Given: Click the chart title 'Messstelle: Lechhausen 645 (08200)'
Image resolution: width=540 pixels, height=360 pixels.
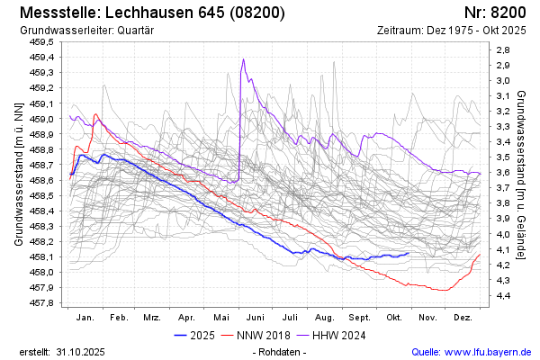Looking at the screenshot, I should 152,13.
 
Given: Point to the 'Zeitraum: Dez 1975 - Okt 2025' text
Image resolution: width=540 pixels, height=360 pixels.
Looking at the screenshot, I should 453,31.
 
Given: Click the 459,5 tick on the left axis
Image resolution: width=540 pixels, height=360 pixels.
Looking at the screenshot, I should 41,41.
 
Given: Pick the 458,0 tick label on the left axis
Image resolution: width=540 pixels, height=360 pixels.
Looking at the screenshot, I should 41,273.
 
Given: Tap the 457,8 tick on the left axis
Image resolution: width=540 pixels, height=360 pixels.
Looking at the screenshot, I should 41,303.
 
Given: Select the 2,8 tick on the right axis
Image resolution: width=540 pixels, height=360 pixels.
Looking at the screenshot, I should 504,49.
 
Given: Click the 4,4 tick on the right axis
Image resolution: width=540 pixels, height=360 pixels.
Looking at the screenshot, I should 504,295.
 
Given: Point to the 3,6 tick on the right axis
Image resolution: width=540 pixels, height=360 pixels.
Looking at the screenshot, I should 504,173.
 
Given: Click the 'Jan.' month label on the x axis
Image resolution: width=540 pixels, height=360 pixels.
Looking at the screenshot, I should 85,319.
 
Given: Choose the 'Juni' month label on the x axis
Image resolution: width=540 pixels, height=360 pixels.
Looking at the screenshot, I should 256,319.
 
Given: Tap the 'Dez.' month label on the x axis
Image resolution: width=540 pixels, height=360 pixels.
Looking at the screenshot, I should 463,319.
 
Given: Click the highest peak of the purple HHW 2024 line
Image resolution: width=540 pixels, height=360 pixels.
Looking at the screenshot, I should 243,60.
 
